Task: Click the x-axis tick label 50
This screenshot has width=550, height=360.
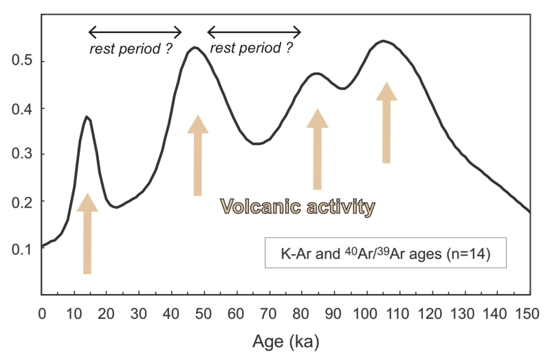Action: pos(203,314)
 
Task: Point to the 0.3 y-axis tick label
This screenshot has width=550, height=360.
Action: pos(22,153)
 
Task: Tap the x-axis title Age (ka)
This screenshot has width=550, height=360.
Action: pos(286,341)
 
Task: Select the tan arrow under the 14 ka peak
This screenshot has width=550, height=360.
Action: pos(87,234)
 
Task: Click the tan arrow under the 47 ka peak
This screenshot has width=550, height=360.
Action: pos(198,155)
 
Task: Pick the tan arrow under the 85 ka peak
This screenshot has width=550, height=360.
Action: pos(318,149)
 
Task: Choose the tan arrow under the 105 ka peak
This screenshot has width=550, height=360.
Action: pos(386,123)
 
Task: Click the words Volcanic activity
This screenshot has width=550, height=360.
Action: pos(298,207)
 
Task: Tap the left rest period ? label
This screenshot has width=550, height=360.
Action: pos(131,49)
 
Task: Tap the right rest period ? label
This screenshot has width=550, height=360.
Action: pos(251,47)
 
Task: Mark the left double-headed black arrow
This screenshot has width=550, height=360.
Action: pos(135,32)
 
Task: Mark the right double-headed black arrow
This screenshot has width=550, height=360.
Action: pos(254,32)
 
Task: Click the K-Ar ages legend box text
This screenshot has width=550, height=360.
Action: pos(386,253)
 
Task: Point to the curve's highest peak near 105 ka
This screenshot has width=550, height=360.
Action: pos(383,41)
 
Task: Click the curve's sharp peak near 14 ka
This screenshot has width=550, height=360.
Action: pos(87,117)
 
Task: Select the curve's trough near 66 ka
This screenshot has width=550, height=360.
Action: pos(256,144)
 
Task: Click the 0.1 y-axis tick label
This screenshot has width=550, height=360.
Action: pos(22,249)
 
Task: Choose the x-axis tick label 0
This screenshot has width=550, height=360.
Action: pos(42,314)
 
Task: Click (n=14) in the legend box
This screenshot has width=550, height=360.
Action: pos(469,254)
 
